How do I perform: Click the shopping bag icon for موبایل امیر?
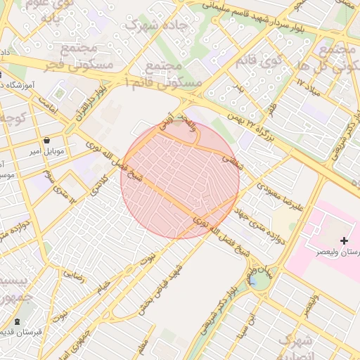click(46, 139)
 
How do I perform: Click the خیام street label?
click(103, 287)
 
